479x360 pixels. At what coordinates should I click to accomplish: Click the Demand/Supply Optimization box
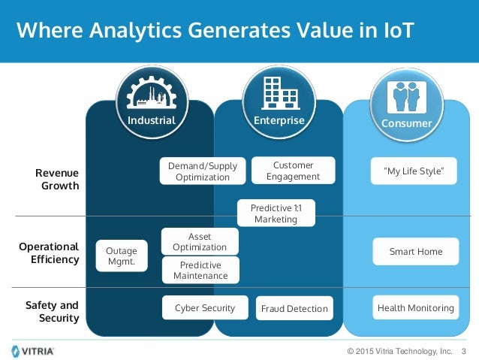[x=203, y=171]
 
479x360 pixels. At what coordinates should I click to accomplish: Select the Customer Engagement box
[x=293, y=171]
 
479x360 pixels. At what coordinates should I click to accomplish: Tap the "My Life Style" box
[x=414, y=171]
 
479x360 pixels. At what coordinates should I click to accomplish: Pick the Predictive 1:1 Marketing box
[x=276, y=213]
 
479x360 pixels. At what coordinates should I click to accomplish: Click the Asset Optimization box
[x=200, y=241]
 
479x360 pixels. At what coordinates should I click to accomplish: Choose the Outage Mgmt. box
[x=122, y=256]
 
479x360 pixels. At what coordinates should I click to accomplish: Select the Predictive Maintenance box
[x=200, y=270]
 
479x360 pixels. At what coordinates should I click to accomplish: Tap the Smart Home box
[x=415, y=252]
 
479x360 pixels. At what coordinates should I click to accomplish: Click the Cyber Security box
[x=205, y=307]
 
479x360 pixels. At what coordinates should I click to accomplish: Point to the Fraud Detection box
[x=294, y=308]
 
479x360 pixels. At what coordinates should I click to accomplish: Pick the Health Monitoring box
[x=415, y=307]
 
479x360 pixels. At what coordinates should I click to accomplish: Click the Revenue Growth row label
[x=57, y=180]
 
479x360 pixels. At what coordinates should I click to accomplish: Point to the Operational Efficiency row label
[x=49, y=253]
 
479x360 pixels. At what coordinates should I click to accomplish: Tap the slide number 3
[x=463, y=351]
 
